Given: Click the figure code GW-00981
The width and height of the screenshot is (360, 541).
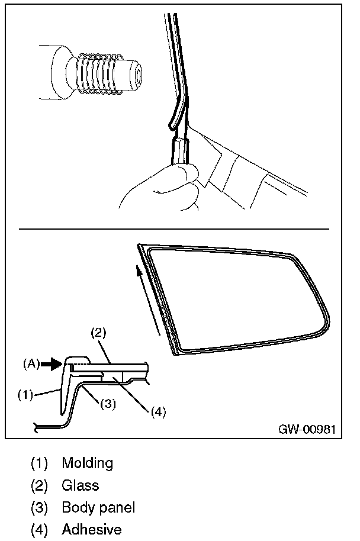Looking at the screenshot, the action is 307,429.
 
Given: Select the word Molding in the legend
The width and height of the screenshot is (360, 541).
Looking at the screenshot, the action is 87,462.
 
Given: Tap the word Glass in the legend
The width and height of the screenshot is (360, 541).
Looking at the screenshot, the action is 80,485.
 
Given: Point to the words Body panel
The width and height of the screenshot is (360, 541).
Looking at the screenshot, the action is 98,508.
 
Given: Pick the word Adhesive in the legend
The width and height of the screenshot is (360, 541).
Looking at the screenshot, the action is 91,529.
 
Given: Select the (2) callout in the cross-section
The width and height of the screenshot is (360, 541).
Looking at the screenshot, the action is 98,333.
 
